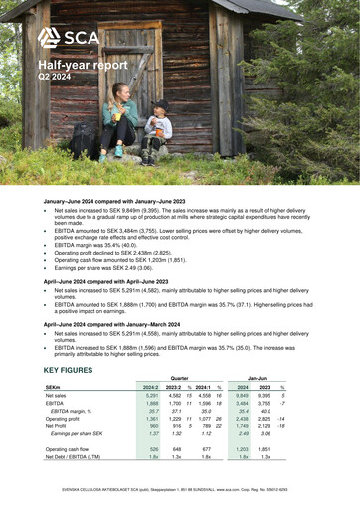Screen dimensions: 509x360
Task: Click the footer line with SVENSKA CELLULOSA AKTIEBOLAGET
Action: tap(180, 489)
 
